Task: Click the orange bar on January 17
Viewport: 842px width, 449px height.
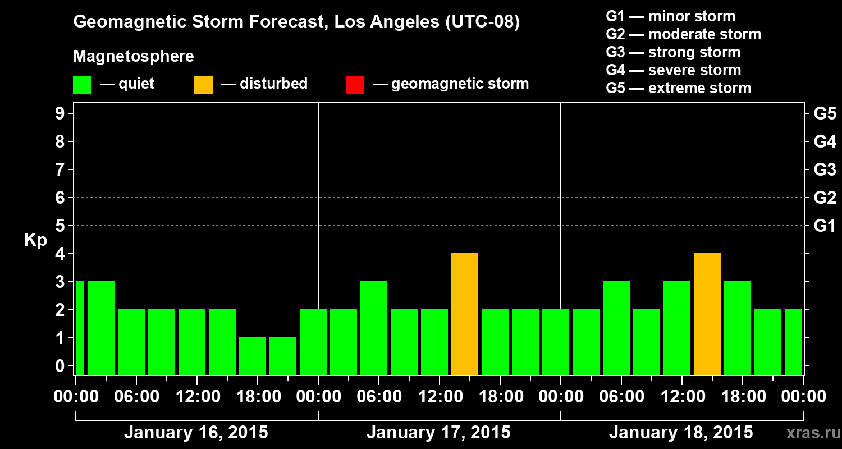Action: tap(465, 314)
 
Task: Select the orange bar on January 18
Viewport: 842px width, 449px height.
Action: tap(707, 314)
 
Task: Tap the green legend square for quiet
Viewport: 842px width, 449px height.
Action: tap(83, 85)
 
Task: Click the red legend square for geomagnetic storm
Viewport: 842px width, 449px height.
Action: tap(355, 85)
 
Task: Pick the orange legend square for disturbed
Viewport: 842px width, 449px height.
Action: tap(204, 85)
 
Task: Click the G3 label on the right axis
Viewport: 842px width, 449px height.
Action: tap(825, 169)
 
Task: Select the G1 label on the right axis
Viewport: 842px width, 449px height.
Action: tap(825, 226)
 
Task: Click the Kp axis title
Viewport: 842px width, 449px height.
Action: tap(35, 240)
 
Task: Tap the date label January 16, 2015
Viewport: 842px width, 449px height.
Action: tap(196, 433)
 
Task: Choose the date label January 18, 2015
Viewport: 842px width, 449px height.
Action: tap(681, 433)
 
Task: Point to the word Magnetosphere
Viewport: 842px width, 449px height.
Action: tap(134, 57)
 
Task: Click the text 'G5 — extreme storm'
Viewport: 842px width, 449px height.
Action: tap(678, 88)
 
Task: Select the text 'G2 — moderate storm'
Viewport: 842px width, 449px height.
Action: tap(683, 34)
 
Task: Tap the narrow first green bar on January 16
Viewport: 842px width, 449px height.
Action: tap(80, 328)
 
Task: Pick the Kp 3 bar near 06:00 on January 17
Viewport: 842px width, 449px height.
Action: tap(374, 328)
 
